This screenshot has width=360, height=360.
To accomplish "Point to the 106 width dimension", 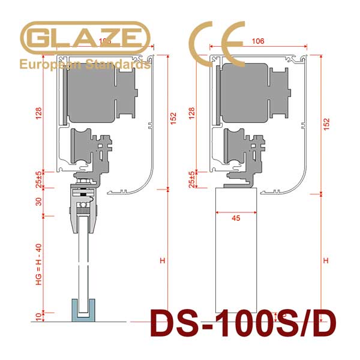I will (258, 41).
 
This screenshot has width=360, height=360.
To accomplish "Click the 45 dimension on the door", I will (235, 218).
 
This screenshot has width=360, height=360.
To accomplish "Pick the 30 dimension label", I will (38, 202).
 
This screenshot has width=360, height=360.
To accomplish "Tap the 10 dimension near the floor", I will (38, 316).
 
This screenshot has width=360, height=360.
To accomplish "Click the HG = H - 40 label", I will (38, 264).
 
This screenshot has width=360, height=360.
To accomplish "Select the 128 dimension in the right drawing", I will (192, 115).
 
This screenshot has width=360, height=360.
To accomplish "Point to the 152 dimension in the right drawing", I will (326, 124).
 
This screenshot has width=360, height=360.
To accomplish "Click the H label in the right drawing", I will (326, 260).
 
